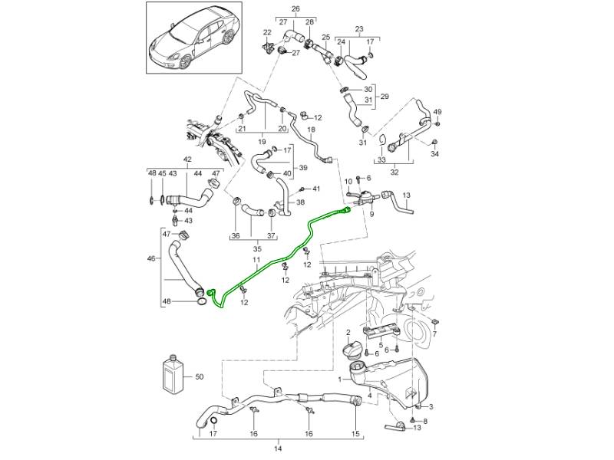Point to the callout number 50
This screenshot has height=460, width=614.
pyautogui.click(x=200, y=376)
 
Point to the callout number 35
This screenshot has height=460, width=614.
pyautogui.click(x=257, y=248)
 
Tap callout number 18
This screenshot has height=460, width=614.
pyautogui.click(x=311, y=130)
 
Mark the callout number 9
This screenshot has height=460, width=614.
pyautogui.click(x=371, y=215)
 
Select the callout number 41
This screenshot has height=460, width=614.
pyautogui.click(x=315, y=189)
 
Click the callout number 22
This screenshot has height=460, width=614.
pyautogui.click(x=267, y=33)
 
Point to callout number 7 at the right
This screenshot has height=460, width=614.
pyautogui.click(x=434, y=335)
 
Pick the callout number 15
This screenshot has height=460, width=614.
pyautogui.click(x=355, y=434)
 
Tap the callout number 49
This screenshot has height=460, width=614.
pyautogui.click(x=437, y=113)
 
